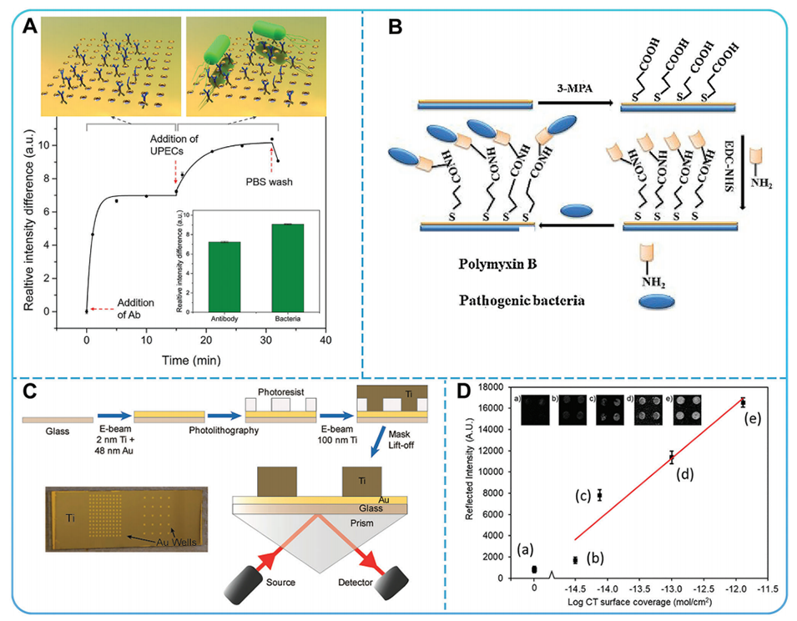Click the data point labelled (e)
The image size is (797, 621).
pos(743,402)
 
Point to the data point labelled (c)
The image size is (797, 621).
pos(599,495)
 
